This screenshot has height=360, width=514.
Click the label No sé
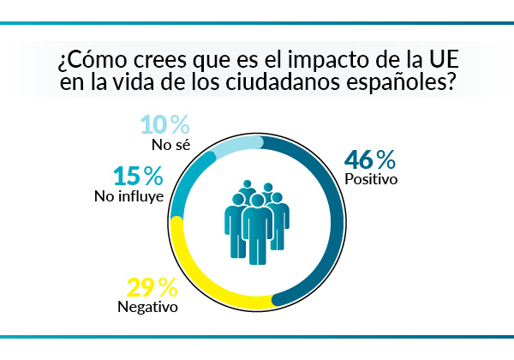168,144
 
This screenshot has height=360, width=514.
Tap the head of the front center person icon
257,201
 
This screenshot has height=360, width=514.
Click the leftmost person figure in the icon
234,223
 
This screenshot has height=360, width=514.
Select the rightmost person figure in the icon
279,223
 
